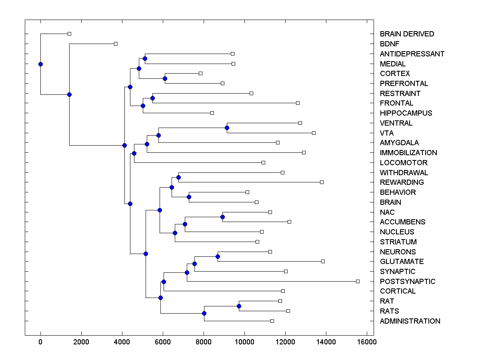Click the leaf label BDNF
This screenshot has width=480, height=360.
[390, 44]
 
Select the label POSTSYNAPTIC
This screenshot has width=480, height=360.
[408, 282]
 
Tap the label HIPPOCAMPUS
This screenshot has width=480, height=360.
[406, 113]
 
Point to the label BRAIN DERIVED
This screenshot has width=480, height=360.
[407, 34]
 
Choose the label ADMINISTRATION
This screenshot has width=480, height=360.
[410, 321]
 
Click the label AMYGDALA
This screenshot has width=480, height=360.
[400, 143]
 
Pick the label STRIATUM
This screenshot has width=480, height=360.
[398, 242]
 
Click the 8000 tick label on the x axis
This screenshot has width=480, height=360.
[204, 342]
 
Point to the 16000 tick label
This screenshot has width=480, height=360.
[367, 342]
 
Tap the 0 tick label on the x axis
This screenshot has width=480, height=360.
[40, 342]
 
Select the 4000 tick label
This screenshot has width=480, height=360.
[122, 342]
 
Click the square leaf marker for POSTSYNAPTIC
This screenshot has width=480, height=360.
[358, 281]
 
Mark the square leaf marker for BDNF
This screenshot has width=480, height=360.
[116, 44]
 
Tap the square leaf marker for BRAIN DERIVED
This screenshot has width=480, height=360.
[69, 34]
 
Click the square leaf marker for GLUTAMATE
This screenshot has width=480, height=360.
[323, 261]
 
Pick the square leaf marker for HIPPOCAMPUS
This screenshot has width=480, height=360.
[212, 113]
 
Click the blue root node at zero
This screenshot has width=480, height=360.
[40, 64]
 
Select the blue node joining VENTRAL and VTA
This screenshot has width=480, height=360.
[227, 128]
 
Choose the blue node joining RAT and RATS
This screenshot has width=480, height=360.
[239, 306]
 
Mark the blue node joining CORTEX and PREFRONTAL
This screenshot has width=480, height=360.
[165, 78]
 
